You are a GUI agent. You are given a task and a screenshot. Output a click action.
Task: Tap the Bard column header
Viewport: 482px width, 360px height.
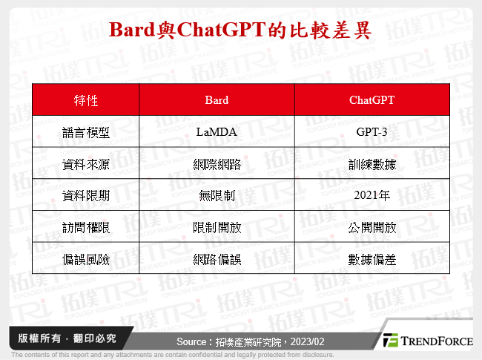pyautogui.click(x=217, y=100)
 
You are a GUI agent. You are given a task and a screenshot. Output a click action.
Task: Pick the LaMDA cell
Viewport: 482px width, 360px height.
pyautogui.click(x=217, y=132)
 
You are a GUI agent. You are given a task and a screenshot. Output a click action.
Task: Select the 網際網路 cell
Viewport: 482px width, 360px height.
pyautogui.click(x=217, y=164)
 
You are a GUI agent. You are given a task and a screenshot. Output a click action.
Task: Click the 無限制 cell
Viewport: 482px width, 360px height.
pyautogui.click(x=217, y=195)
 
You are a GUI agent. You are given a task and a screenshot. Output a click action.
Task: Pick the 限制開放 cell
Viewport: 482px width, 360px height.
pyautogui.click(x=217, y=227)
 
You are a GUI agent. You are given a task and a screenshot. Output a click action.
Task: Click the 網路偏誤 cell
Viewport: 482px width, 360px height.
pyautogui.click(x=217, y=259)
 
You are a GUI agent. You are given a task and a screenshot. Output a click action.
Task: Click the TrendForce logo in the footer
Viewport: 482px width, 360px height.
pyautogui.click(x=427, y=340)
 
